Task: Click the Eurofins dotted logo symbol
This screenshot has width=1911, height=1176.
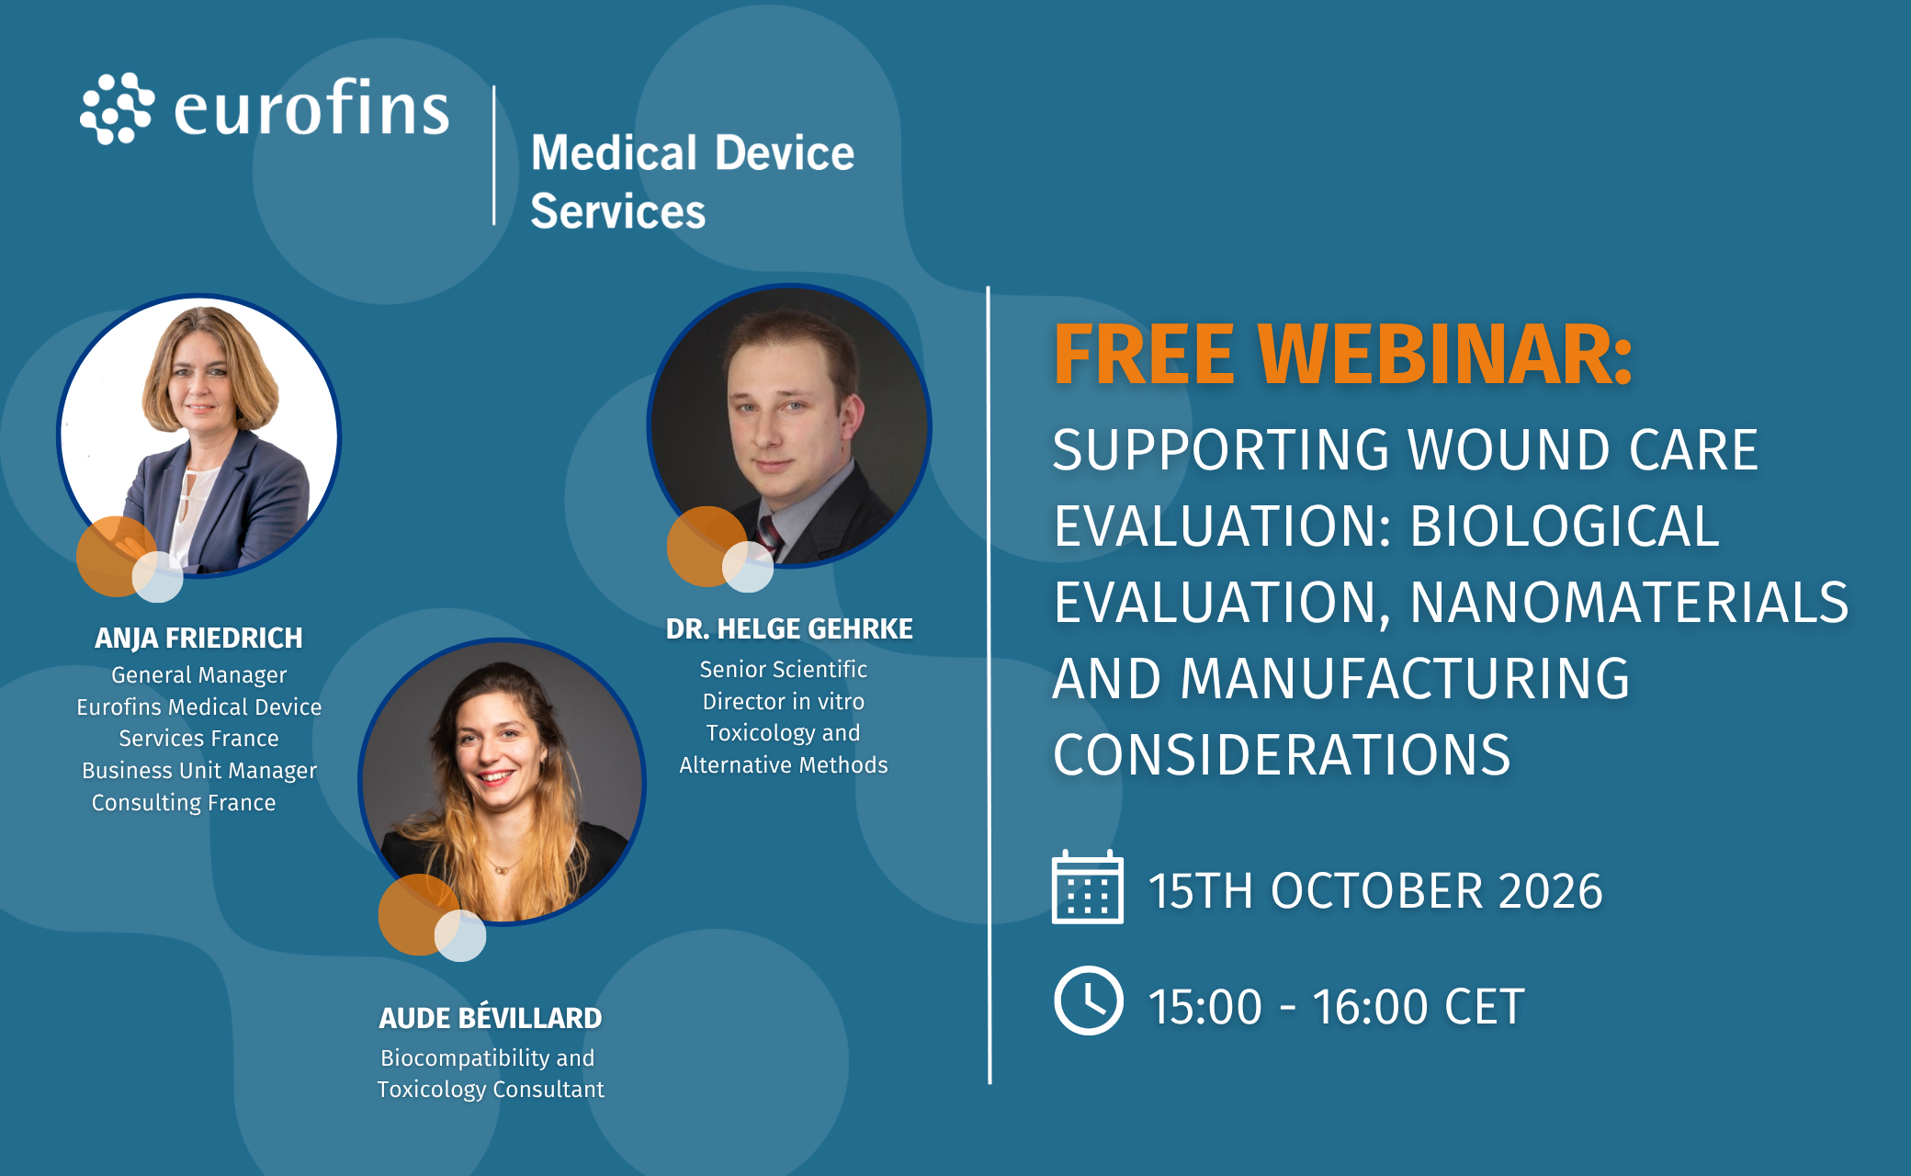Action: tap(117, 108)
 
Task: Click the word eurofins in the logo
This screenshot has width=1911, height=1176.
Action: tap(311, 107)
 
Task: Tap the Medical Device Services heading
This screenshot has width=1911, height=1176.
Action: tap(693, 181)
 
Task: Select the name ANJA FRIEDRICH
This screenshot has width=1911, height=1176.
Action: tap(198, 638)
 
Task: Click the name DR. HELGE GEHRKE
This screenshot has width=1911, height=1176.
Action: tap(789, 628)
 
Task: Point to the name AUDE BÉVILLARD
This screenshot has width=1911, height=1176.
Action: tap(491, 1017)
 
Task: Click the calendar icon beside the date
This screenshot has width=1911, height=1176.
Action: tap(1088, 887)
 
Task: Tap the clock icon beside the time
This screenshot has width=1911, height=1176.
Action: tap(1088, 1001)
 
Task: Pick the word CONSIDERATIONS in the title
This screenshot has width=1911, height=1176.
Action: tap(1282, 754)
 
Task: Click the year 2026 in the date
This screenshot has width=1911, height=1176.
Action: tap(1551, 890)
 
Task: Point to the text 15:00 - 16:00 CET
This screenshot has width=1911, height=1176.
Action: tap(1337, 1006)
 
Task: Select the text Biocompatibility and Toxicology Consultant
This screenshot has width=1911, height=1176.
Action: tap(491, 1073)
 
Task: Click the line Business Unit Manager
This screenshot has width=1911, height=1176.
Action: tap(199, 771)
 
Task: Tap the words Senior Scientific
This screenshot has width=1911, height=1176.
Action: tap(784, 669)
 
